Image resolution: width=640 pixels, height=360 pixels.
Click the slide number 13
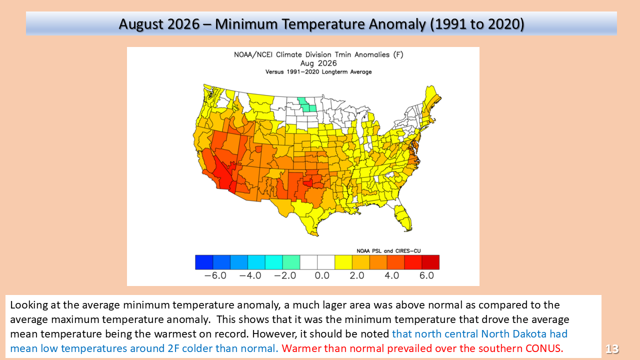(x=612, y=348)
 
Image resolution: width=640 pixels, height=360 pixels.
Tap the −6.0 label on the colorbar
(x=215, y=275)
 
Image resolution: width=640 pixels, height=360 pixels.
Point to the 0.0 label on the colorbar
(x=322, y=275)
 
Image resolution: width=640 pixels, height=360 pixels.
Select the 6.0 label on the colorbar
(x=426, y=275)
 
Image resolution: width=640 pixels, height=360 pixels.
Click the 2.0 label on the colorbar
(x=357, y=275)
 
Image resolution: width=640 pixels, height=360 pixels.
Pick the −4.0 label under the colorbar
(x=250, y=275)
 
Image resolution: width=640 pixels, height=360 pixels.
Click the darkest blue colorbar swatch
(x=204, y=262)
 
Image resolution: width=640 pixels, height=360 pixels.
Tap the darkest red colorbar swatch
(x=430, y=262)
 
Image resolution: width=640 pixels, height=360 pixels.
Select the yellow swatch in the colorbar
(x=343, y=262)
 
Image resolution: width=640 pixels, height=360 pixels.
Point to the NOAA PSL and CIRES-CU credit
(x=388, y=251)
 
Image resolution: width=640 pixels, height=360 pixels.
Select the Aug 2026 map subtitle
(x=318, y=63)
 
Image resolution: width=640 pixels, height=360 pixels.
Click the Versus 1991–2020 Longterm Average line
(x=318, y=71)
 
